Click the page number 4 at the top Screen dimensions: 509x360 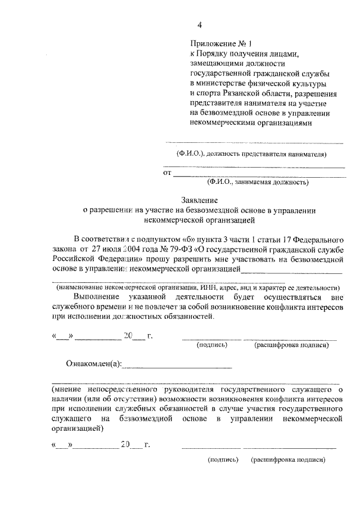click(199, 24)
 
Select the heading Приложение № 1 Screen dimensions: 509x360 click(223, 43)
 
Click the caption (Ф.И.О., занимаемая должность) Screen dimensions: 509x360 click(257, 182)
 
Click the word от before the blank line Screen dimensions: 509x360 click(167, 173)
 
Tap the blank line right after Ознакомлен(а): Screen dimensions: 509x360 click(177, 367)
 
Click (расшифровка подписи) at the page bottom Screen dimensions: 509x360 click(289, 460)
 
